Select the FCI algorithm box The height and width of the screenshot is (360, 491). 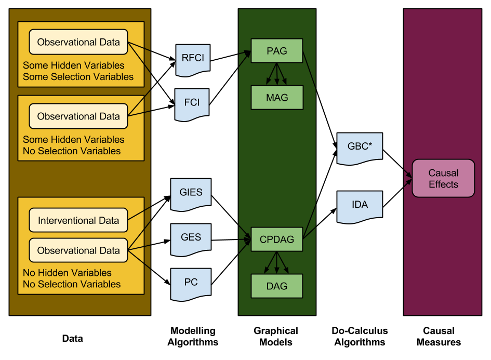tap(192, 102)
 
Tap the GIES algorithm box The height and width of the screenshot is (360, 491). tap(192, 193)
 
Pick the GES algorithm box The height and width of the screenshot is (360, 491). tap(191, 237)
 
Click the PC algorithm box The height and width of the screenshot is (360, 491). tap(191, 282)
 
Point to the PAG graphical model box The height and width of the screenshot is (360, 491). tap(276, 51)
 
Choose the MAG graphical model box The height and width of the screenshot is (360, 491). tap(276, 97)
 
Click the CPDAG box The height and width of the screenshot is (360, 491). tap(276, 239)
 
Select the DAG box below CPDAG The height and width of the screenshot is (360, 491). tap(276, 286)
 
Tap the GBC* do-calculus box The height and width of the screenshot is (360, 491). tap(360, 146)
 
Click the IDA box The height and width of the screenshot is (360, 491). tap(360, 205)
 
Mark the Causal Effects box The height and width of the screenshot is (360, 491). tap(443, 178)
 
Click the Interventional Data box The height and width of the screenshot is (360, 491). tap(78, 220)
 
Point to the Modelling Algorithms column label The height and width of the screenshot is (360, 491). tap(193, 337)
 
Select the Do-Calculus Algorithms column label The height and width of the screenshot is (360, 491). tap(360, 337)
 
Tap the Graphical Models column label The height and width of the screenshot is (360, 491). tap(276, 337)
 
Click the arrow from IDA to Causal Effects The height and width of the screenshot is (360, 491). tap(397, 194)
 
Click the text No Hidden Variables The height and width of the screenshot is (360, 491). tap(67, 273)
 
